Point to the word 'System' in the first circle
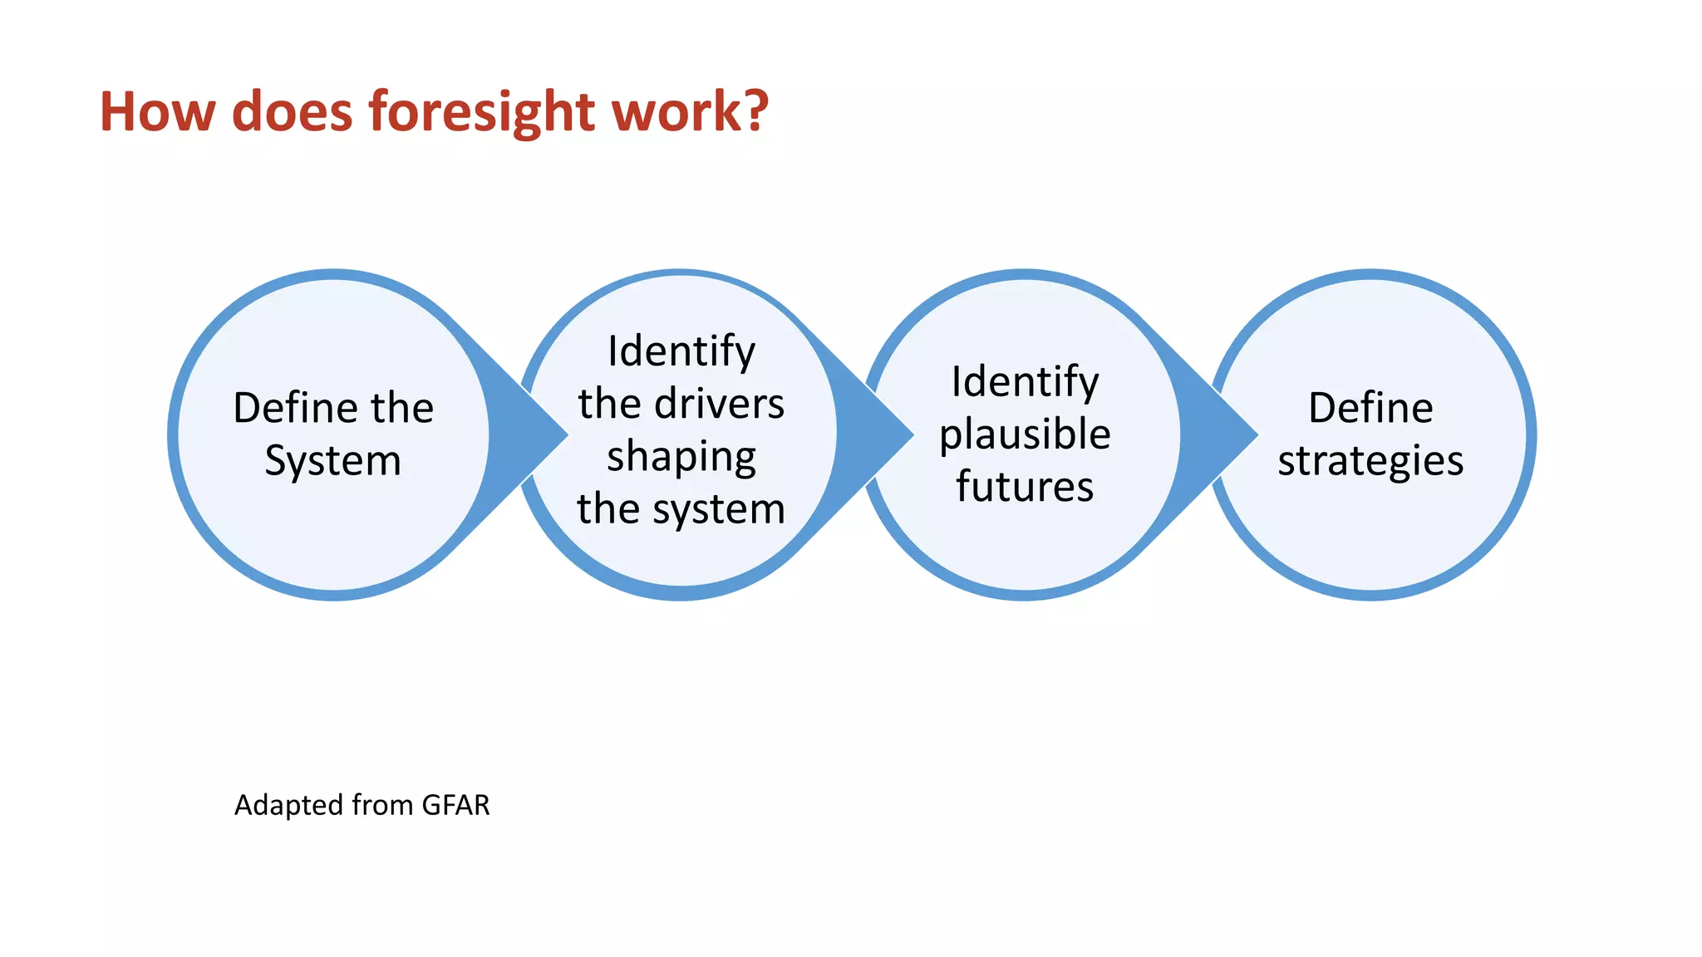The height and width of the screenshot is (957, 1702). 332,462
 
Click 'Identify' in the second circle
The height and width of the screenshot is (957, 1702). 681,351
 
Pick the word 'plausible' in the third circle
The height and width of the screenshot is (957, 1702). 1025,434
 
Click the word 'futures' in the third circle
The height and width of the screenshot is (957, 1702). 1025,487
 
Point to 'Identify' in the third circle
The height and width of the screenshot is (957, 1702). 1025,382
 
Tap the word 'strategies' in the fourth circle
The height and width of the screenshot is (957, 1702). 1370,462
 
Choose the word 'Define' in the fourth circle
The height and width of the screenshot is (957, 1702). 1370,408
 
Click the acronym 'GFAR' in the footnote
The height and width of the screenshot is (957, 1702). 455,805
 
